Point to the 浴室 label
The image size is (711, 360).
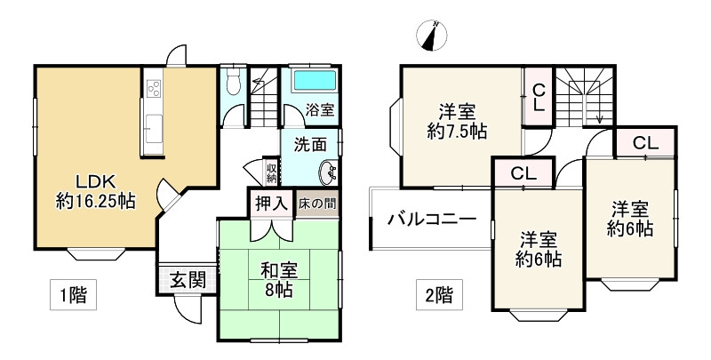(x=320, y=111)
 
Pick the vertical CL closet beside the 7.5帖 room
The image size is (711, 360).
(x=539, y=96)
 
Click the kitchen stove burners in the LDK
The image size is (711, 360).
(x=152, y=89)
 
